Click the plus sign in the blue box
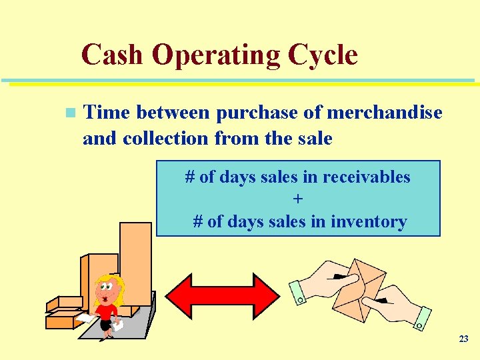(298, 199)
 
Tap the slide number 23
(463, 339)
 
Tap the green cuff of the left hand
(297, 292)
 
